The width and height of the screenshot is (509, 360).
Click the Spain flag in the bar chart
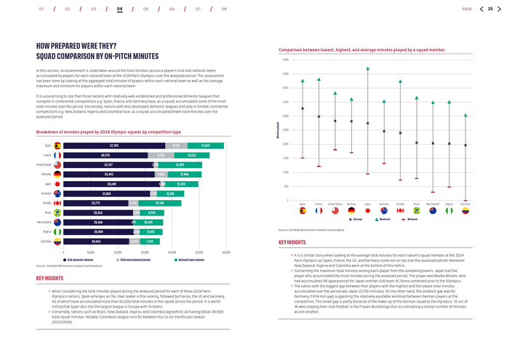tap(57, 145)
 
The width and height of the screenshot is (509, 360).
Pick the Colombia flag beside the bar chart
tap(57, 241)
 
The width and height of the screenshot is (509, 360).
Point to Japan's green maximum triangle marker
tap(367, 68)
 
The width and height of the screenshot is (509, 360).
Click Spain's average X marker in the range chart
tap(302, 108)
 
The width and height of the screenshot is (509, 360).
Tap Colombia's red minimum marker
tap(465, 195)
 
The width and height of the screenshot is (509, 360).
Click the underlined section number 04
tap(119, 9)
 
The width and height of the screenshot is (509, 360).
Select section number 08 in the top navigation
tap(224, 9)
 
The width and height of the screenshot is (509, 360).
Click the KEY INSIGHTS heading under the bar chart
tap(49, 278)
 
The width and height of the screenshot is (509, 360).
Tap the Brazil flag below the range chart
tap(417, 210)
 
